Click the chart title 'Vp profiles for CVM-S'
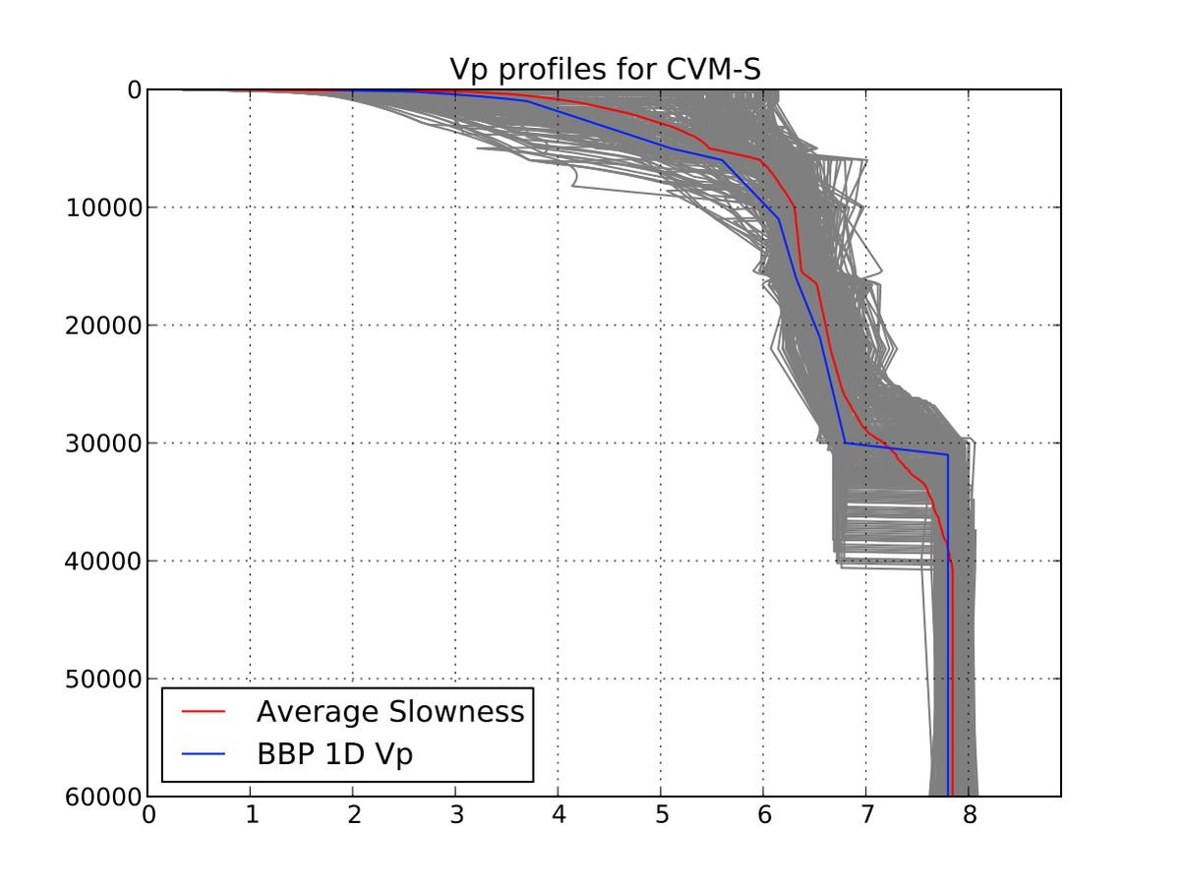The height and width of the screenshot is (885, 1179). click(x=605, y=70)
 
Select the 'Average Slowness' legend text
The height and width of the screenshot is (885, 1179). click(x=390, y=712)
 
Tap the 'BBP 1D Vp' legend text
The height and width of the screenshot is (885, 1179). click(x=334, y=755)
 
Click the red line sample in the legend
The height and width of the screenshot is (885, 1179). click(x=205, y=712)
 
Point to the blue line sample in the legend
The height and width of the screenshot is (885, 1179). click(x=205, y=755)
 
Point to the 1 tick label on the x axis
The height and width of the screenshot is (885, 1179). click(x=251, y=816)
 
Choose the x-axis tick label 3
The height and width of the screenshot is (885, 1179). click(x=455, y=816)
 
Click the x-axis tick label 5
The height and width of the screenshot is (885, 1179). click(x=661, y=816)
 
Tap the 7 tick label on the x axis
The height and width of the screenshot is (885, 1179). click(x=866, y=816)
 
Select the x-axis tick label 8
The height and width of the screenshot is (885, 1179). click(x=969, y=816)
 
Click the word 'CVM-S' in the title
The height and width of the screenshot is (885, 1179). click(x=715, y=70)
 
